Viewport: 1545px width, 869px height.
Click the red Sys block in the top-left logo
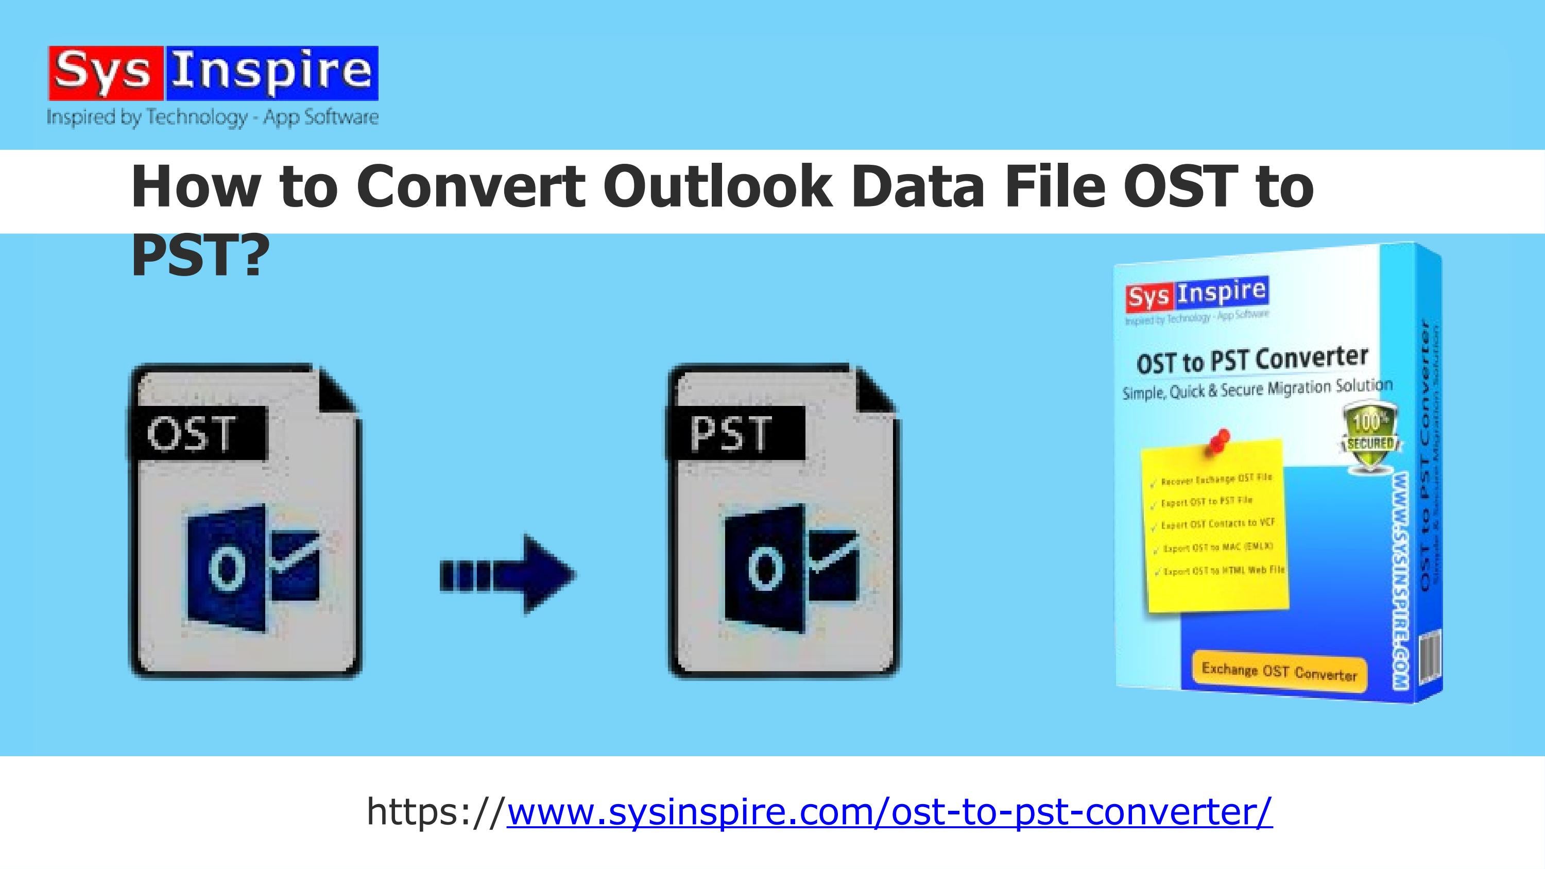(x=106, y=73)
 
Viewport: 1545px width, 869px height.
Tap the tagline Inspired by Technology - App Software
(x=212, y=116)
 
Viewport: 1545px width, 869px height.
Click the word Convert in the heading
(x=471, y=186)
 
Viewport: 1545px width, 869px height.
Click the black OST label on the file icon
(x=197, y=432)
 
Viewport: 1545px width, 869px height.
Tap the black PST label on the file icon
(x=735, y=432)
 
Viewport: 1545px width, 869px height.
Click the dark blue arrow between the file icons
(x=509, y=574)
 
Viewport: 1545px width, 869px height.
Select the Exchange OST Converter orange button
(x=1279, y=672)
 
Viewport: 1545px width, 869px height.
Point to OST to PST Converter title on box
(x=1252, y=360)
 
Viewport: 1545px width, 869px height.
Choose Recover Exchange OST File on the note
(x=1216, y=480)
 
